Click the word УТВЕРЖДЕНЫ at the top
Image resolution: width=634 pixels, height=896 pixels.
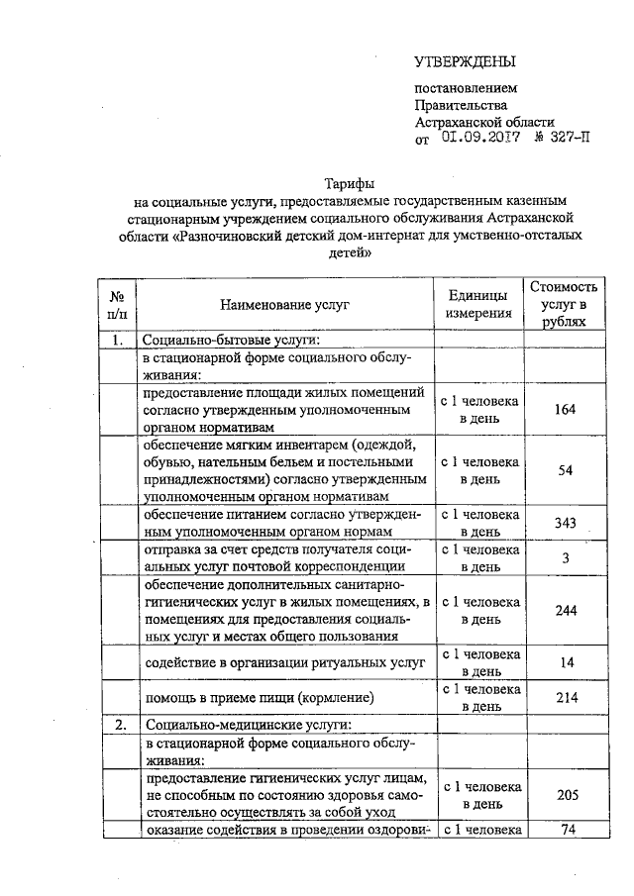pyautogui.click(x=466, y=61)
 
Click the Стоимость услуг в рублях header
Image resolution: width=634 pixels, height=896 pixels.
pyautogui.click(x=564, y=304)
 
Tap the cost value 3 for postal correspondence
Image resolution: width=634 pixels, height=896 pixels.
pyautogui.click(x=565, y=557)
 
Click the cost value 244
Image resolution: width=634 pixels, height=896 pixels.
pyautogui.click(x=565, y=610)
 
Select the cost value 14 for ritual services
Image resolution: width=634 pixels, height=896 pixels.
pyautogui.click(x=565, y=662)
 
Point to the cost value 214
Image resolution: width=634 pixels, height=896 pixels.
pyautogui.click(x=565, y=698)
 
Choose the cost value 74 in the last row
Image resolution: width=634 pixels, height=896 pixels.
pyautogui.click(x=568, y=829)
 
